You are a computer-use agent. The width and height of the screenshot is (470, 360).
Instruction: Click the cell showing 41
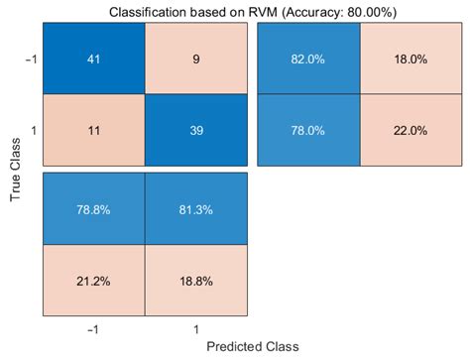(x=94, y=59)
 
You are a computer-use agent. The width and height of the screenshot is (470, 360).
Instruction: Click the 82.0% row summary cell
(x=308, y=59)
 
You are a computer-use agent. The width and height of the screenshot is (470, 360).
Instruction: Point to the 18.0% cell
(x=410, y=59)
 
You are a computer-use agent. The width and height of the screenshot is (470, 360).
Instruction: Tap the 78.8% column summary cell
(x=94, y=209)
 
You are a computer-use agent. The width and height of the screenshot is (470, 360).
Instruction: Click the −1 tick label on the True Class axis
(x=31, y=59)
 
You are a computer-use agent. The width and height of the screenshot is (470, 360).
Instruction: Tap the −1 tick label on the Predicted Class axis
(x=93, y=326)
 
